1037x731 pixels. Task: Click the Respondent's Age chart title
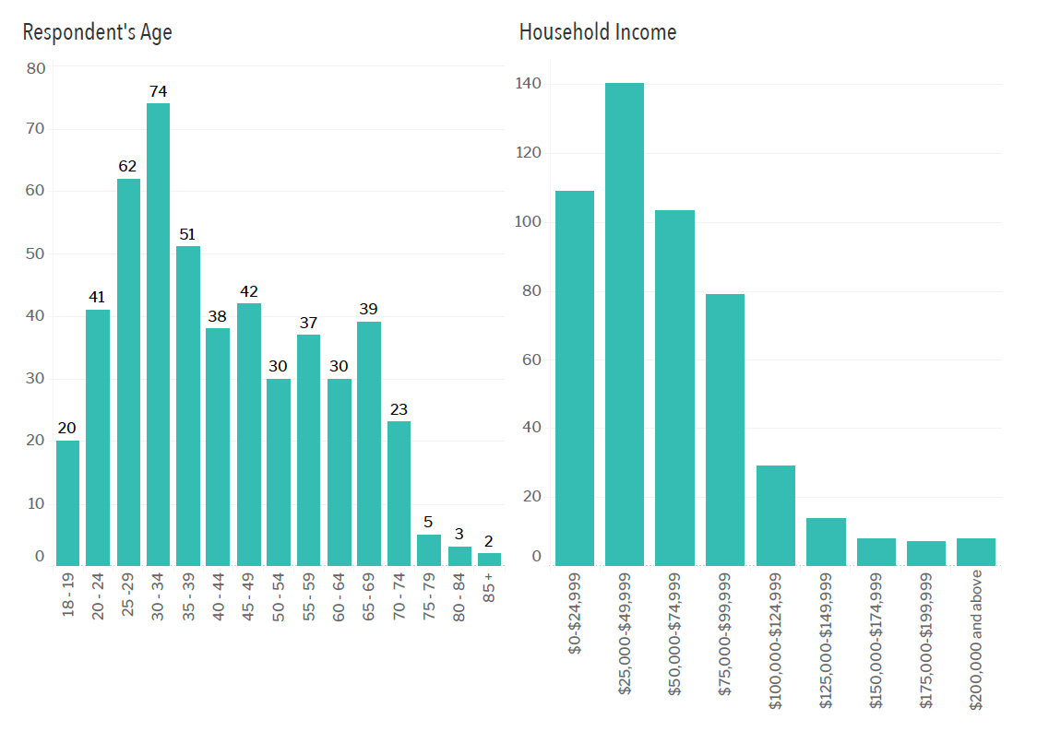click(x=97, y=32)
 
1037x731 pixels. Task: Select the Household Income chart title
click(x=597, y=32)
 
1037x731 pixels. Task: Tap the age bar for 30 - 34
click(x=158, y=334)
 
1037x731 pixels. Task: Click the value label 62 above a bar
click(x=127, y=167)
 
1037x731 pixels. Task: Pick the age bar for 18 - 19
click(x=67, y=502)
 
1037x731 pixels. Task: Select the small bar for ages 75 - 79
click(x=429, y=549)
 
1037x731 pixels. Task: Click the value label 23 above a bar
click(x=399, y=409)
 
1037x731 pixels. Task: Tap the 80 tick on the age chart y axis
click(x=36, y=68)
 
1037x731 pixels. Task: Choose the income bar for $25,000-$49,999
click(x=625, y=324)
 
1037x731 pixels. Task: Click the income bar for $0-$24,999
click(x=575, y=378)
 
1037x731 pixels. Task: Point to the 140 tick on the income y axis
click(x=529, y=85)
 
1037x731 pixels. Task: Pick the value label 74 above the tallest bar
click(x=158, y=91)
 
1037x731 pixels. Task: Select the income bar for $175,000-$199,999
click(x=925, y=552)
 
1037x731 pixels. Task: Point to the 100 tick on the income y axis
click(x=529, y=222)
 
